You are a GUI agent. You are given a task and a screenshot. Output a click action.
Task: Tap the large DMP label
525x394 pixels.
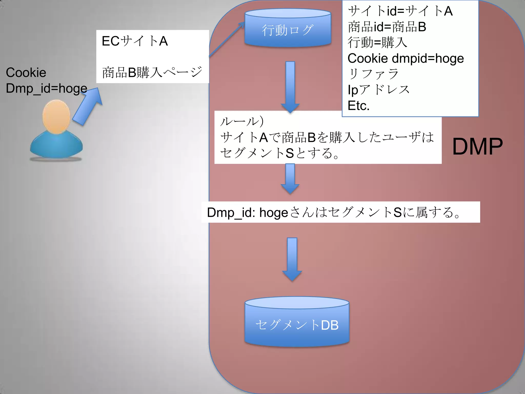pyautogui.click(x=477, y=147)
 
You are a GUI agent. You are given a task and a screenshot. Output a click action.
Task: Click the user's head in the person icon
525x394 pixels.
pyautogui.click(x=56, y=117)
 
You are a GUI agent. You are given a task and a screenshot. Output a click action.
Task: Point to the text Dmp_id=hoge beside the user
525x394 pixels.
pyautogui.click(x=46, y=88)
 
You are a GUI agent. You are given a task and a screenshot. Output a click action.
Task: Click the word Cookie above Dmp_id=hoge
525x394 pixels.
pyautogui.click(x=26, y=73)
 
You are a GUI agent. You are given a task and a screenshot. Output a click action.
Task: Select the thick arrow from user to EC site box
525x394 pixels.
pyautogui.click(x=87, y=106)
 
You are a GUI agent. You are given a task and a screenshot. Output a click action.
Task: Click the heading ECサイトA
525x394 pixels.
pyautogui.click(x=135, y=41)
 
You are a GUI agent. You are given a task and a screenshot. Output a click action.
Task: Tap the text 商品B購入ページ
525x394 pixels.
pyautogui.click(x=152, y=72)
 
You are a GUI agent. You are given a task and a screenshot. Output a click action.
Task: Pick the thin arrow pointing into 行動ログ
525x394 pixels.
pyautogui.click(x=227, y=39)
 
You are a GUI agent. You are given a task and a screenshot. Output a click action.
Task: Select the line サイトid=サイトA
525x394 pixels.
pyautogui.click(x=400, y=11)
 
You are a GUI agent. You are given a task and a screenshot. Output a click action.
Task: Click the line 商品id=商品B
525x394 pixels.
pyautogui.click(x=387, y=27)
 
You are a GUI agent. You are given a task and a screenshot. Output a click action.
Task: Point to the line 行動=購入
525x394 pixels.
pyautogui.click(x=377, y=43)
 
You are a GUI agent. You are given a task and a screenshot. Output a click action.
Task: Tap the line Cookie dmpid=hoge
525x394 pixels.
pyautogui.click(x=406, y=58)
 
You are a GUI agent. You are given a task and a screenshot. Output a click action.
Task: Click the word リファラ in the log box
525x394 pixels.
pyautogui.click(x=373, y=74)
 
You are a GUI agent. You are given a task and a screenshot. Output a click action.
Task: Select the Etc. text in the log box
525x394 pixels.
pyautogui.click(x=358, y=106)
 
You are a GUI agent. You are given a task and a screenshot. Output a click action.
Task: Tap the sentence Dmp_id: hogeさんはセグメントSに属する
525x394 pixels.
pyautogui.click(x=333, y=212)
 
